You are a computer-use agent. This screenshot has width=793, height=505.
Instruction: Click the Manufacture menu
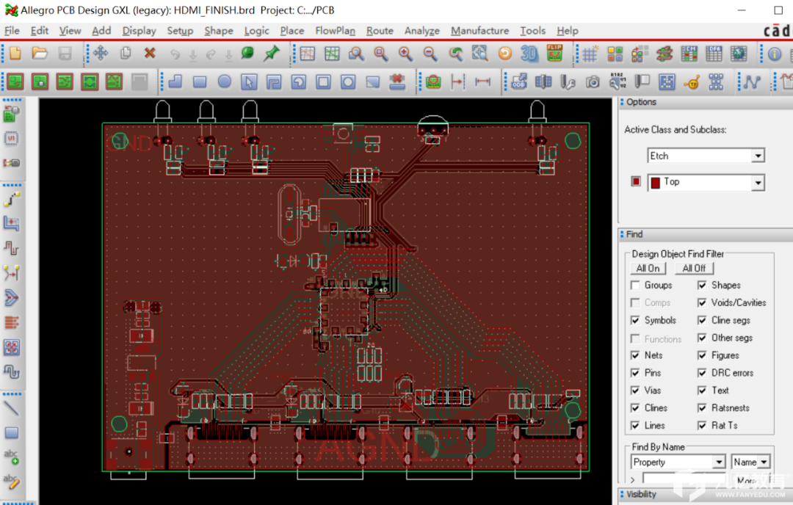coord(479,31)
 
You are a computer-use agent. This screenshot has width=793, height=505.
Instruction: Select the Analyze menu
coord(421,31)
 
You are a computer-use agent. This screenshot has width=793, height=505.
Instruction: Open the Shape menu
coord(218,31)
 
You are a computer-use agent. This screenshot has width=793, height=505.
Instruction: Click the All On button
coord(648,268)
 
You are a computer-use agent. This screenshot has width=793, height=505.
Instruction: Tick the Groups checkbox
coord(635,285)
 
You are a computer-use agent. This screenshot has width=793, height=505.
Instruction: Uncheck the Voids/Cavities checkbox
coord(702,302)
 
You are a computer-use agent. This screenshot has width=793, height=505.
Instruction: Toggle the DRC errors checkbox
coord(702,373)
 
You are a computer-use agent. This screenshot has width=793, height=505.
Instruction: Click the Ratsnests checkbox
coord(702,408)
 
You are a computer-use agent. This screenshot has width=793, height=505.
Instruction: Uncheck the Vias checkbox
coord(635,390)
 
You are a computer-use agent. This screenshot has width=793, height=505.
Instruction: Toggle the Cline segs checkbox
coord(702,320)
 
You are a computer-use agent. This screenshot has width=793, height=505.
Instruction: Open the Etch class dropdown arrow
coord(758,156)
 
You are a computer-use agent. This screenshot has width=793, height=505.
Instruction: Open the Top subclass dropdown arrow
coord(758,182)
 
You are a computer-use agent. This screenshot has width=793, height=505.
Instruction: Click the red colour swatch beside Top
coord(636,182)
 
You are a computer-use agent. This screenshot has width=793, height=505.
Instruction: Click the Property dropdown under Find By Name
coord(719,462)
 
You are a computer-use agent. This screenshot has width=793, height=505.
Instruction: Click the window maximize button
coord(778,10)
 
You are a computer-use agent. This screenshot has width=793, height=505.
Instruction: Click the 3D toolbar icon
coord(529,54)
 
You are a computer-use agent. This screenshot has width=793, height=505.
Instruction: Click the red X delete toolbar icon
coord(150,54)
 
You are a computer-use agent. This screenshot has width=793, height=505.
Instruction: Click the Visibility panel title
coord(641,495)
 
